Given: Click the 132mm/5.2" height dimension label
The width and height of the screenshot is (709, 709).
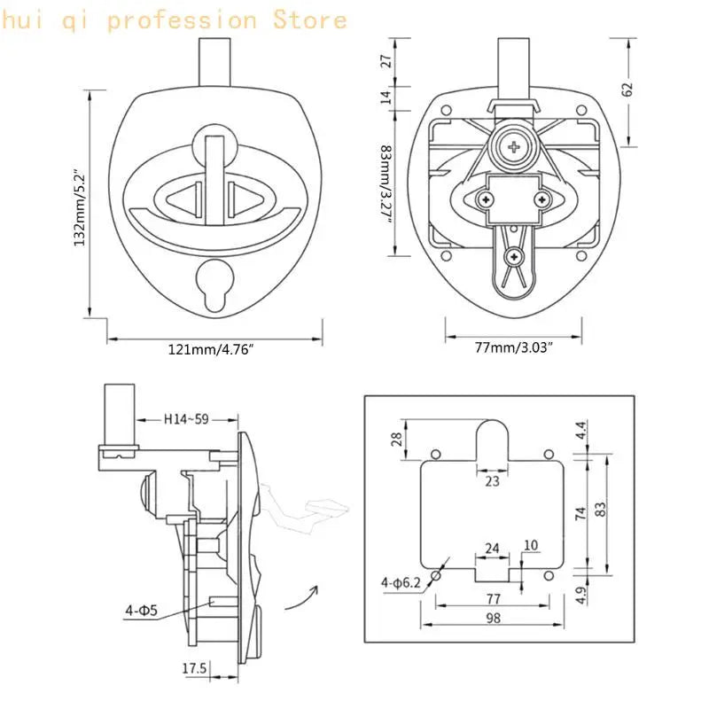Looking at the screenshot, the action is (80, 208).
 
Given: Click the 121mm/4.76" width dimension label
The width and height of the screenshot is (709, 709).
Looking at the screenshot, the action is (211, 349).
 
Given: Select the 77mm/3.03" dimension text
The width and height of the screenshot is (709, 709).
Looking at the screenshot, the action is (514, 347).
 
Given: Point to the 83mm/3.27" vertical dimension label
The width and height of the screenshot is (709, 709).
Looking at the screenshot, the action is (386, 183).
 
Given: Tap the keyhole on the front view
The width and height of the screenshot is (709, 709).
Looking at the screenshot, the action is (214, 284).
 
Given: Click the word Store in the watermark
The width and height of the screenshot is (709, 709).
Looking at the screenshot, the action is (309, 20).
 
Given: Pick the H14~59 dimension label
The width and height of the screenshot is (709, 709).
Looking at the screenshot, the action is (186, 419).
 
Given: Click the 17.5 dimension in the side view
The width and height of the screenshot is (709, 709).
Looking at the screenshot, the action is (194, 668).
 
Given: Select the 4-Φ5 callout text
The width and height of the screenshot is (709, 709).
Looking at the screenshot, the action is (141, 611).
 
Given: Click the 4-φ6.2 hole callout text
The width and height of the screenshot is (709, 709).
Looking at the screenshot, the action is (401, 582).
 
